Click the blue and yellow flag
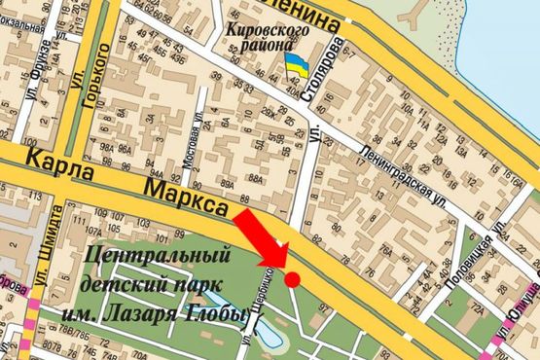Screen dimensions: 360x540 pyautogui.click(x=297, y=66)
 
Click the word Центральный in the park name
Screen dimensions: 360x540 pyautogui.click(x=158, y=257)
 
